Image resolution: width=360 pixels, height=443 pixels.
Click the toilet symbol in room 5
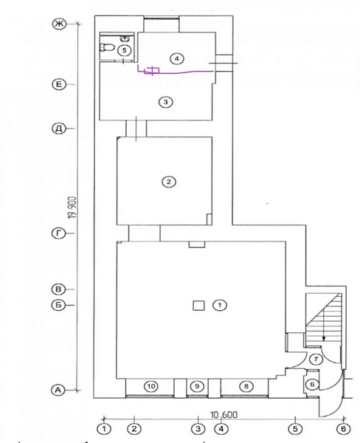107,47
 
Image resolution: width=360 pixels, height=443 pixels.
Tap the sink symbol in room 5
125,38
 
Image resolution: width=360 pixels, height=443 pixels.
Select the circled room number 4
177,59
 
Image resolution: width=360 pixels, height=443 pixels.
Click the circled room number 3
165,102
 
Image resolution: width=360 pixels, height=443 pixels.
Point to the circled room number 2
169,182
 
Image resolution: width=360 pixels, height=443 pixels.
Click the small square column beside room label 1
198,306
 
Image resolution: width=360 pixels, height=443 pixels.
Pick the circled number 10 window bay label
151,386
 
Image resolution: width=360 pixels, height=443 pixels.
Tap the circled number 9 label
197,386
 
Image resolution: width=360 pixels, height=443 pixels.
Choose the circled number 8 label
246,386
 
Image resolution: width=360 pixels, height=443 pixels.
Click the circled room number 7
316,360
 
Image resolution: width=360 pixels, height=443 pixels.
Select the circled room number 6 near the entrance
312,384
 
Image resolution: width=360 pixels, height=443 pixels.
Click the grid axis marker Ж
59,24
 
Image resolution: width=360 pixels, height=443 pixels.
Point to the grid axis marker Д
59,128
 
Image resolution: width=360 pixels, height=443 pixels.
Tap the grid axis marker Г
58,233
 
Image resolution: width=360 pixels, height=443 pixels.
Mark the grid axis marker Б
58,305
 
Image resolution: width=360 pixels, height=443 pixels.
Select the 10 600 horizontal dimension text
224,415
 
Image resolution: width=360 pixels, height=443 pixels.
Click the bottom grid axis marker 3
198,428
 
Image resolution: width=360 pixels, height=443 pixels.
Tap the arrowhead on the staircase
324,338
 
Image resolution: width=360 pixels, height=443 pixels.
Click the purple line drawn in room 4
175,72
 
